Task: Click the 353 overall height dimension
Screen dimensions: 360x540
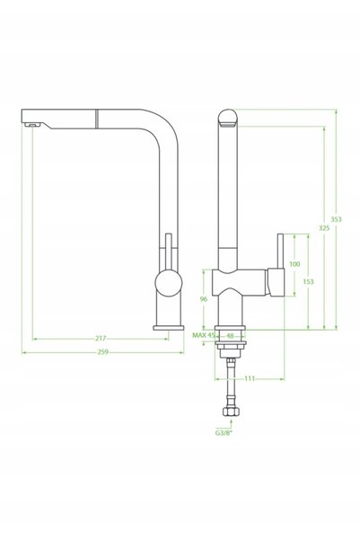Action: pyautogui.click(x=336, y=219)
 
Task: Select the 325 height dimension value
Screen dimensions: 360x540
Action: pyautogui.click(x=324, y=227)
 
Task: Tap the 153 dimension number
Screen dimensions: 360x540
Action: pyautogui.click(x=308, y=281)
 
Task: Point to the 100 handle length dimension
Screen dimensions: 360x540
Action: pyautogui.click(x=294, y=264)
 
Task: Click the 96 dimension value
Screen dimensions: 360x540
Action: pyautogui.click(x=204, y=299)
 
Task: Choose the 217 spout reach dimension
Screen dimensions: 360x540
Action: pyautogui.click(x=101, y=339)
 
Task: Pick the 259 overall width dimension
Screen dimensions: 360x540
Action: pyautogui.click(x=103, y=352)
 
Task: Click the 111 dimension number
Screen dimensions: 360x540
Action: pyautogui.click(x=250, y=378)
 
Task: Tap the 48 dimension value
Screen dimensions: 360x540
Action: pyautogui.click(x=230, y=335)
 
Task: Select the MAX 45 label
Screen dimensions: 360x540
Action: pyautogui.click(x=204, y=335)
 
